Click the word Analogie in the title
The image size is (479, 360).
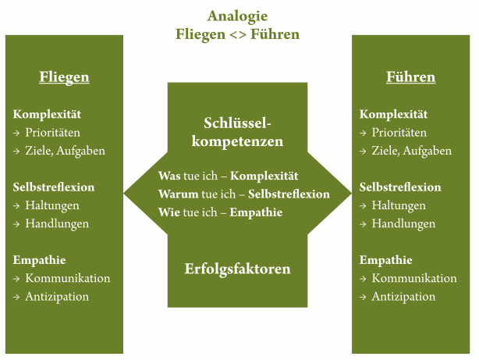click(x=237, y=16)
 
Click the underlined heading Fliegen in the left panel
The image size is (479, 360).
click(x=64, y=77)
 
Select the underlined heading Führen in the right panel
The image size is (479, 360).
click(x=410, y=77)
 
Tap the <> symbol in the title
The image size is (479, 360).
click(x=238, y=34)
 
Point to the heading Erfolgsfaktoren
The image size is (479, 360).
click(x=237, y=269)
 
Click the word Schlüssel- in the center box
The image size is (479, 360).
click(x=237, y=123)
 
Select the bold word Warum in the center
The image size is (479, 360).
click(x=179, y=194)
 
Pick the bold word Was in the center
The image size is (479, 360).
click(x=169, y=176)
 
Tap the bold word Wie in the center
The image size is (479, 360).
click(x=169, y=212)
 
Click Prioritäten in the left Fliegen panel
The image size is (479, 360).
click(x=52, y=133)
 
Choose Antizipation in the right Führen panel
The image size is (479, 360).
click(x=403, y=297)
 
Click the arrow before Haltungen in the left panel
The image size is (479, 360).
click(x=16, y=206)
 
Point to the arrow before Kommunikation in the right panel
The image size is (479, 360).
click(x=363, y=279)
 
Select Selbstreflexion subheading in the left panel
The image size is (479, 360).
click(x=54, y=187)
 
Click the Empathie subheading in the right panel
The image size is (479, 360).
click(x=385, y=260)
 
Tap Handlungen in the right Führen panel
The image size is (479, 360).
click(x=403, y=224)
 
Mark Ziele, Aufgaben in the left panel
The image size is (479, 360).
click(x=65, y=151)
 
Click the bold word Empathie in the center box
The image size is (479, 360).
click(x=256, y=212)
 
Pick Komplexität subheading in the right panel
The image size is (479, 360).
click(x=393, y=114)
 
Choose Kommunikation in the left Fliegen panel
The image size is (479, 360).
click(x=68, y=278)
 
